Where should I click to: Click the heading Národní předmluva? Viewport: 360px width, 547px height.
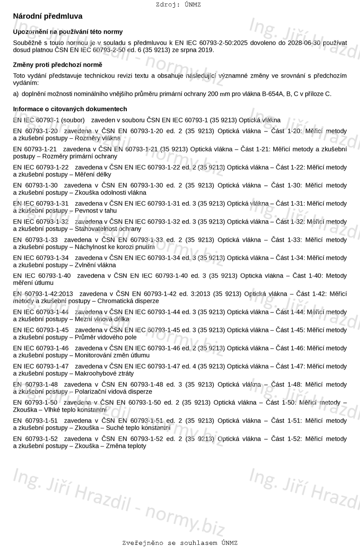coord(47,16)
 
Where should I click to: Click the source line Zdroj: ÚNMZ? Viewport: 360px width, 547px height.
coord(178,5)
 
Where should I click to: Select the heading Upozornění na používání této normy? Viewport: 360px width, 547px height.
coord(68,32)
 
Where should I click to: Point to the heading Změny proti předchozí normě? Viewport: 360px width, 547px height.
coord(57,65)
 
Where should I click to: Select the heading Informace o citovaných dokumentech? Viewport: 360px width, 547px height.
coord(70,109)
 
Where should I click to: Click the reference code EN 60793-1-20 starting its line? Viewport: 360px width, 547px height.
coord(35,131)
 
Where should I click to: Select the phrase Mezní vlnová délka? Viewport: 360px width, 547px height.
coord(102,319)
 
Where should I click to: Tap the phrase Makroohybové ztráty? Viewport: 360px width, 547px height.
coord(104,373)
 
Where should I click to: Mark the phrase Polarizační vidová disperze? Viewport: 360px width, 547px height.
coord(113,391)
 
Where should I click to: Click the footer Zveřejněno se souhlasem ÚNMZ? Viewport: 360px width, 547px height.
coord(180,543)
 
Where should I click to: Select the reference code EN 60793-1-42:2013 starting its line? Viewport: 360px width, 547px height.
coord(43,294)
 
